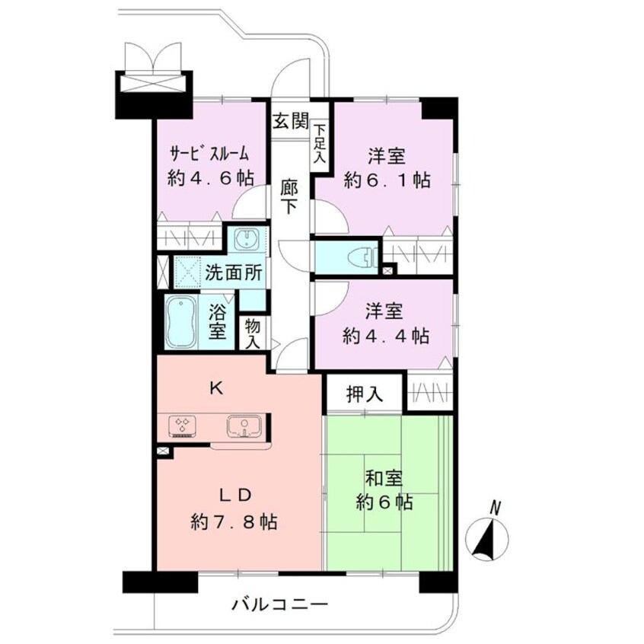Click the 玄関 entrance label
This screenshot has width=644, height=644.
click(291, 121)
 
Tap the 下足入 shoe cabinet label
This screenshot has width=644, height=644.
click(320, 142)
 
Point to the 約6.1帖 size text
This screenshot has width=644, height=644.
click(387, 180)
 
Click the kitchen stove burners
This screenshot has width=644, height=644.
click(183, 426)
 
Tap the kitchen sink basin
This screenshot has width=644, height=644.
click(244, 426)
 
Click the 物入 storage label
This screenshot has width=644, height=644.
click(252, 334)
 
